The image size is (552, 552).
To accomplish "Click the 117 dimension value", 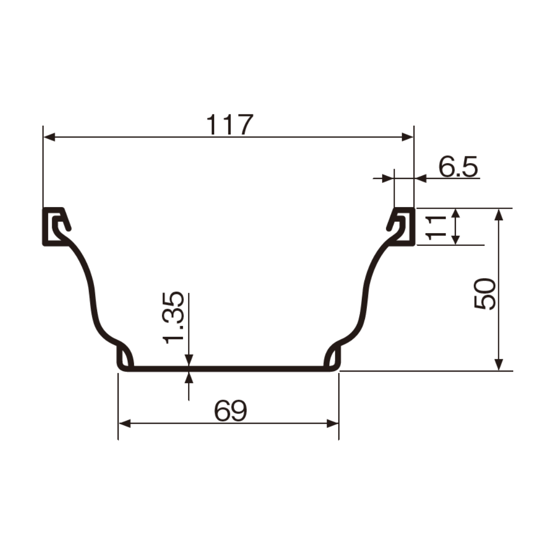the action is [x=229, y=125].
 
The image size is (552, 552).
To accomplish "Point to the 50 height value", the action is [x=485, y=294].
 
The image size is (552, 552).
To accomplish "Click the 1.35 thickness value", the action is [x=173, y=317].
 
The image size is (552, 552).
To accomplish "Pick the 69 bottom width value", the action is [x=231, y=410].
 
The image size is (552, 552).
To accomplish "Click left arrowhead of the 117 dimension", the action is [x=49, y=137].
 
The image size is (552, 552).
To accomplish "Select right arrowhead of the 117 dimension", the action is [x=408, y=137].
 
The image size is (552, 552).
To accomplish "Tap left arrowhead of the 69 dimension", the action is [x=124, y=424].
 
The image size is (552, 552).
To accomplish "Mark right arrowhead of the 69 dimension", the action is [x=333, y=424].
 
